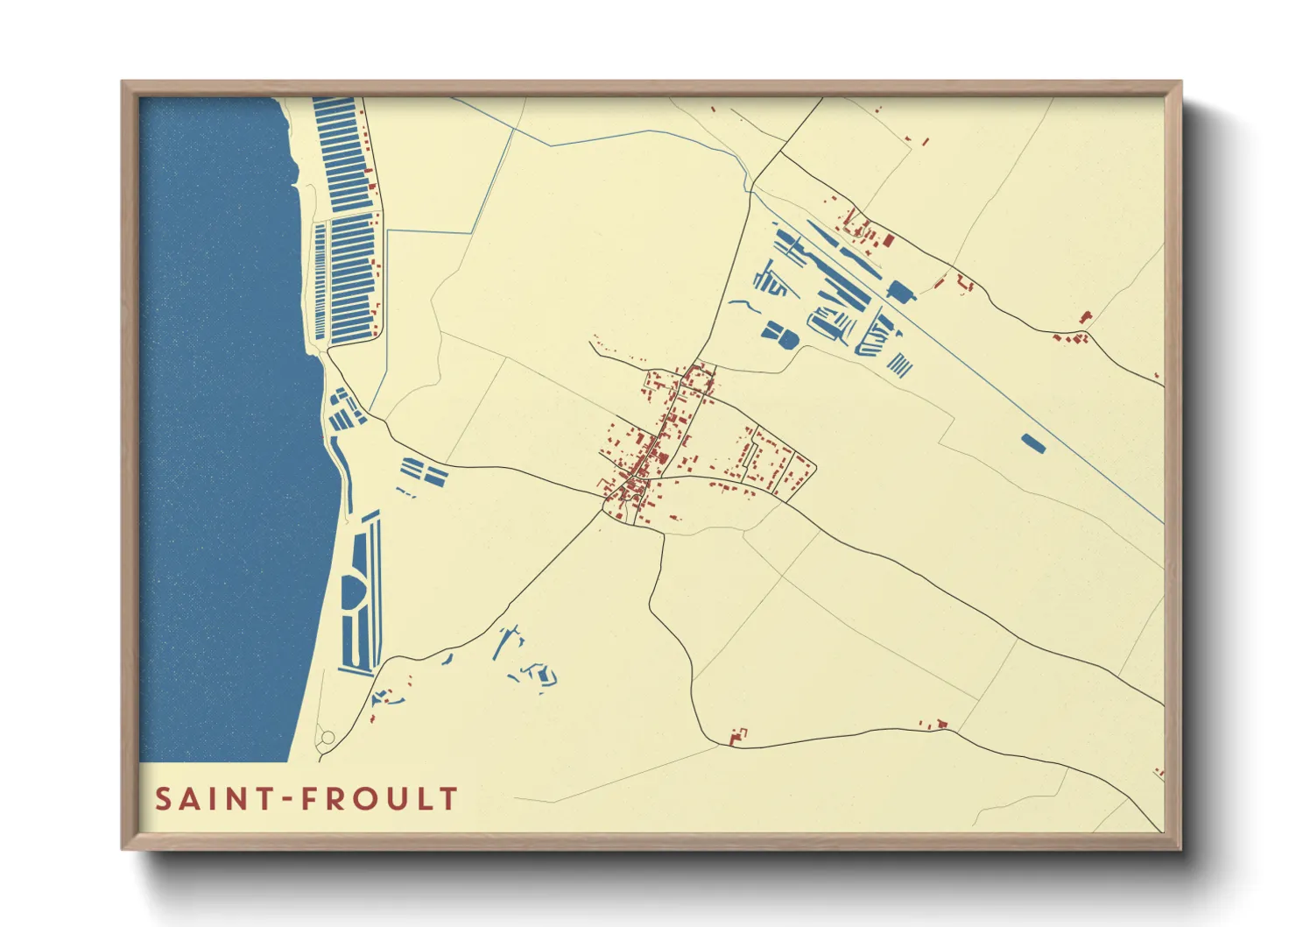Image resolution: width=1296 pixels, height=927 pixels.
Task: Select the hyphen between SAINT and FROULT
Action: (281, 800)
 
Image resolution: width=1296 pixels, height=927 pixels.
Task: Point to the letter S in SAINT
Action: (164, 799)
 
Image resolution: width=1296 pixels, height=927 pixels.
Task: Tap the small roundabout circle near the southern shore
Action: (327, 739)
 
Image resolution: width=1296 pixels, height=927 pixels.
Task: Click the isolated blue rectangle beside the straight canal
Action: (1033, 443)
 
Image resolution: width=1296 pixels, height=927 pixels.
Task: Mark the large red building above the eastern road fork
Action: (1086, 317)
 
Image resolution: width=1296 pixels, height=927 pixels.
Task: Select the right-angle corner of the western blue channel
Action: (387, 231)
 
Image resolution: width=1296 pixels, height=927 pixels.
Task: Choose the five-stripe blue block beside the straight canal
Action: (899, 364)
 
